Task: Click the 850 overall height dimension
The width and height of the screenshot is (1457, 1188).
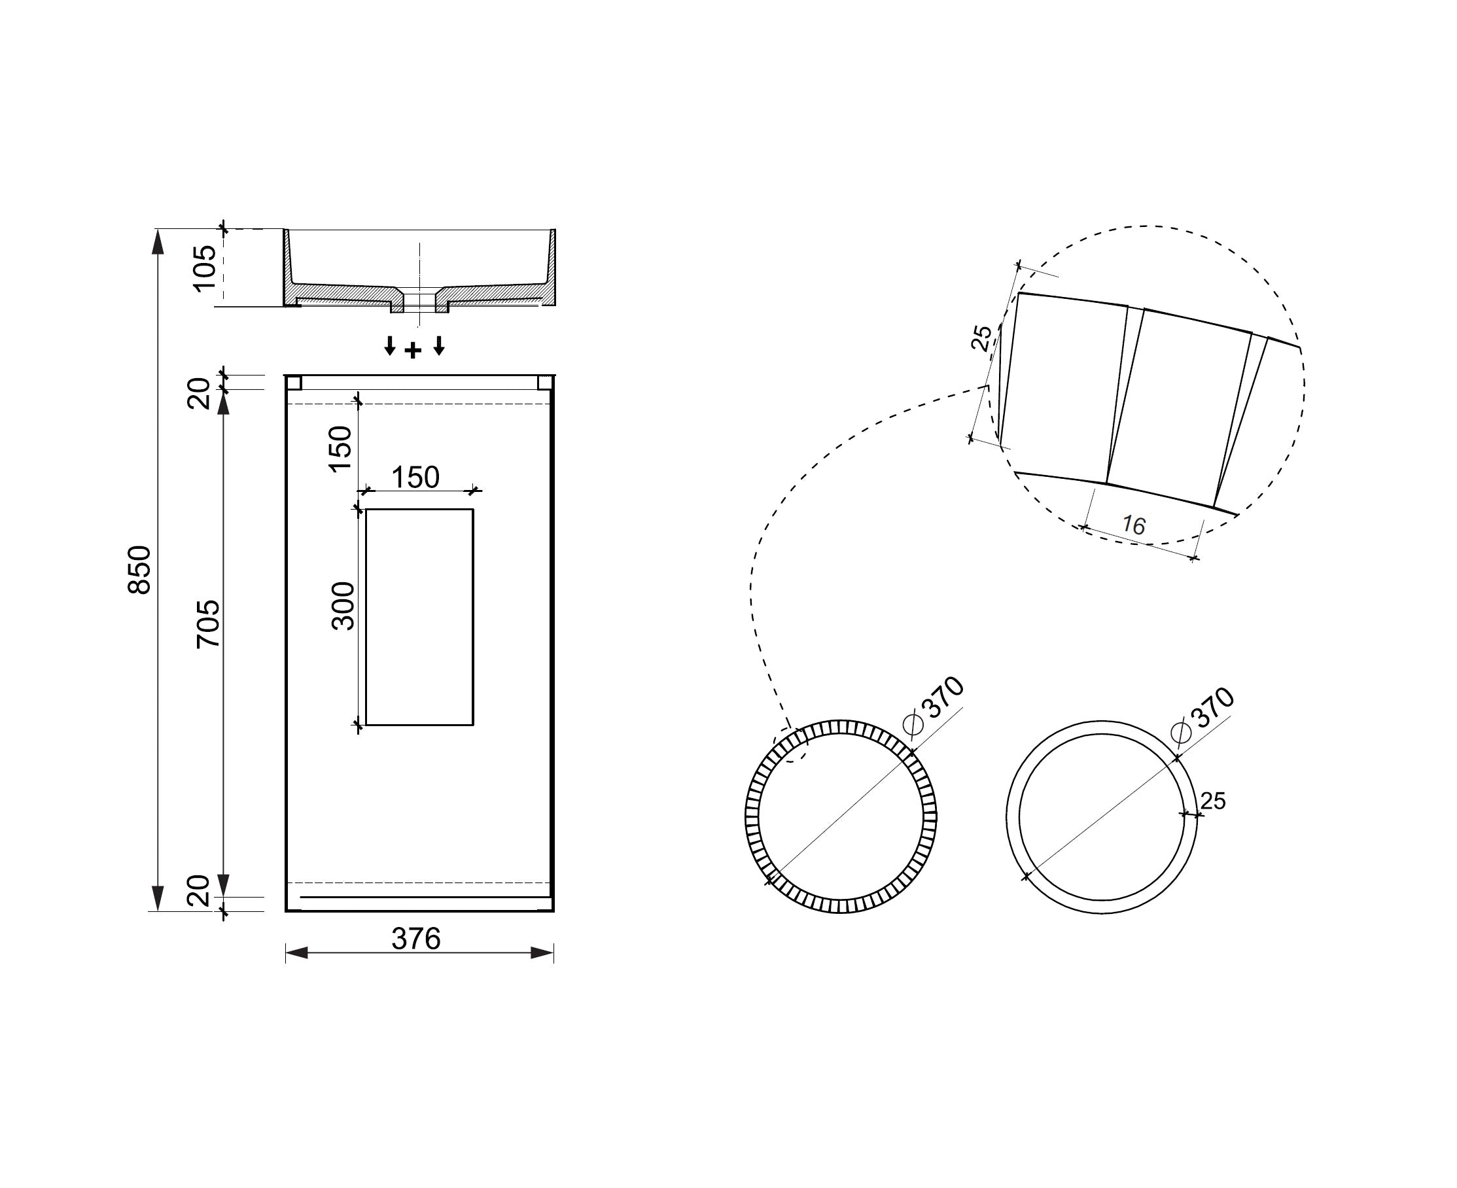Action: point(140,569)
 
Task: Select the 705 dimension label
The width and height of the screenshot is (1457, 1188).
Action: point(208,623)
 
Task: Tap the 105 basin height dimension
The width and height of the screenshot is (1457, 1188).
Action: point(205,268)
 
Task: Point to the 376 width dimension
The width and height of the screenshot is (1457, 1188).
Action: point(416,938)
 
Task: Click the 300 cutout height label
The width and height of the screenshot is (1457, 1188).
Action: point(342,606)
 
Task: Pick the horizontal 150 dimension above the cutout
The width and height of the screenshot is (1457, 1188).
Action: point(415,477)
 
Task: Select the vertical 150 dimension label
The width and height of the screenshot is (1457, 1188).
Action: point(340,449)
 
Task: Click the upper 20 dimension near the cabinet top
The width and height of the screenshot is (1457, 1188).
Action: point(199,393)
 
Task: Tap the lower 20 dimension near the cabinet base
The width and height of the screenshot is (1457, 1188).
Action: point(199,891)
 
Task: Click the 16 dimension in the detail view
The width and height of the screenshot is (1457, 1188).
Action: point(1133,525)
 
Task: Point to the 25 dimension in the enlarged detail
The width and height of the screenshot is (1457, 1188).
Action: point(982,338)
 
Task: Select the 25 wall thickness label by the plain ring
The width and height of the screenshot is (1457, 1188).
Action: point(1213,800)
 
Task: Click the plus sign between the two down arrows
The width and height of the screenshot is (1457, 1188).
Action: point(413,351)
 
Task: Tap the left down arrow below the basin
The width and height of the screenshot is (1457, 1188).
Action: point(389,345)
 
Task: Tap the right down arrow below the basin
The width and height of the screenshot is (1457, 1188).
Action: point(440,345)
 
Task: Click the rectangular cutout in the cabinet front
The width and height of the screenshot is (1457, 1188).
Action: point(419,617)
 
